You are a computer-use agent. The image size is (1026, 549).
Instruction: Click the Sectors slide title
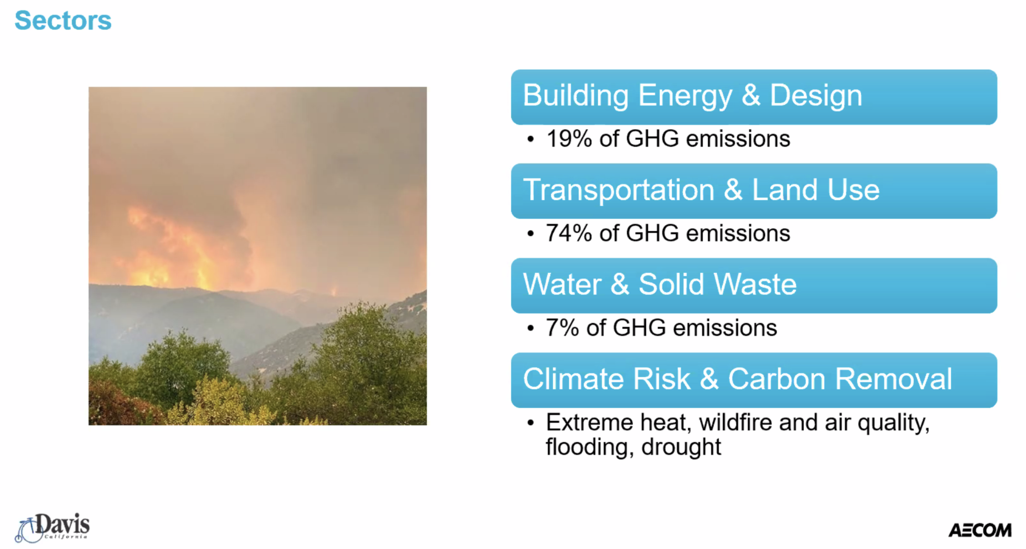click(63, 20)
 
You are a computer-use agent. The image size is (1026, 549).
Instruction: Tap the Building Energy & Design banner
click(754, 97)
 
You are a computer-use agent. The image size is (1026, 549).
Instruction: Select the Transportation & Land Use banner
click(754, 191)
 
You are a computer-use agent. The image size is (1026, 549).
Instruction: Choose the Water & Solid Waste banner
click(754, 285)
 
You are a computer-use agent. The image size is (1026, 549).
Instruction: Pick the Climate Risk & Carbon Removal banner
click(754, 380)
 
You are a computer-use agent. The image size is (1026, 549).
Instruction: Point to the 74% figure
click(569, 233)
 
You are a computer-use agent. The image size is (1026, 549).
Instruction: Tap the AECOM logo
click(980, 530)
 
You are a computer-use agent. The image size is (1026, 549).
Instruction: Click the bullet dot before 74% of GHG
click(530, 234)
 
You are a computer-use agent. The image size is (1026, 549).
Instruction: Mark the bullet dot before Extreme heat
click(530, 423)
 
